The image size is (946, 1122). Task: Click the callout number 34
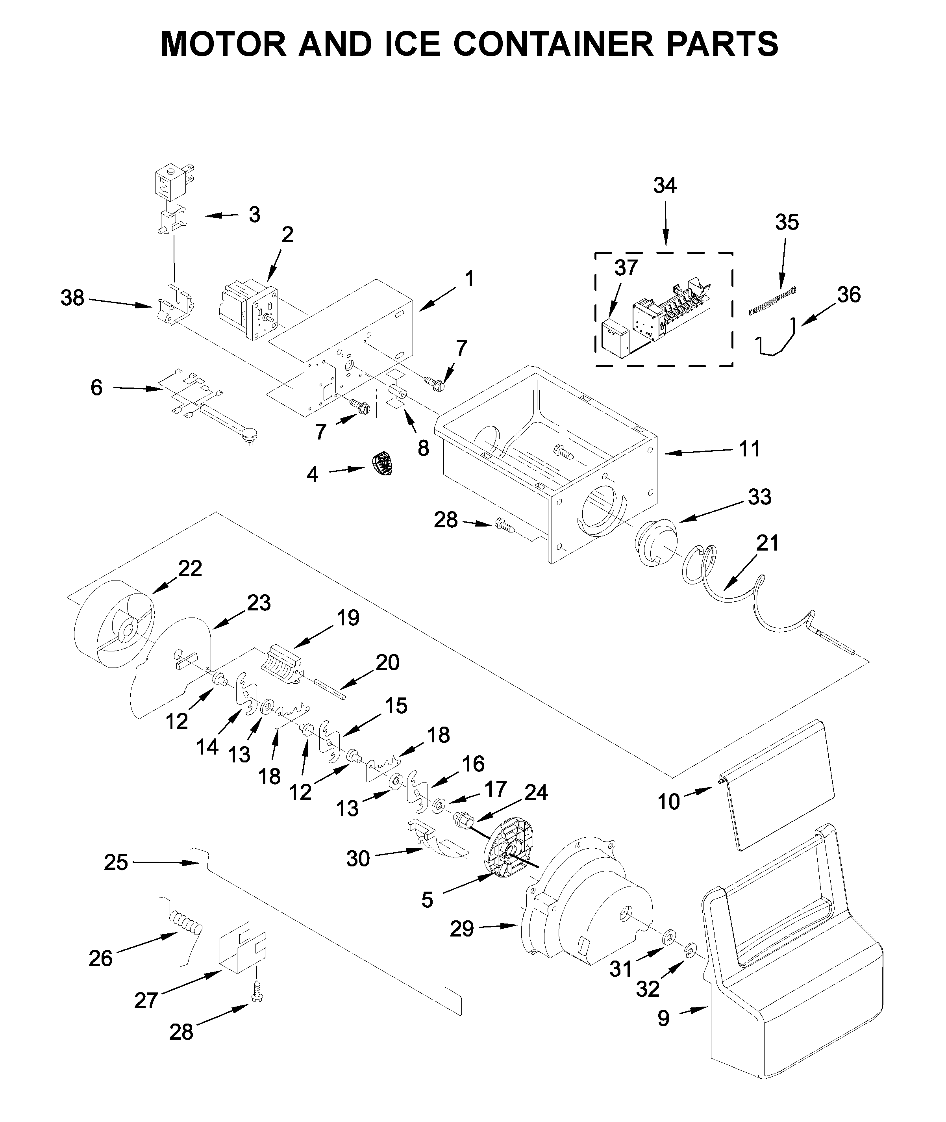(x=665, y=185)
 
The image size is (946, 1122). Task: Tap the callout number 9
(x=663, y=1033)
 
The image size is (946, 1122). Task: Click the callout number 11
(x=750, y=449)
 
